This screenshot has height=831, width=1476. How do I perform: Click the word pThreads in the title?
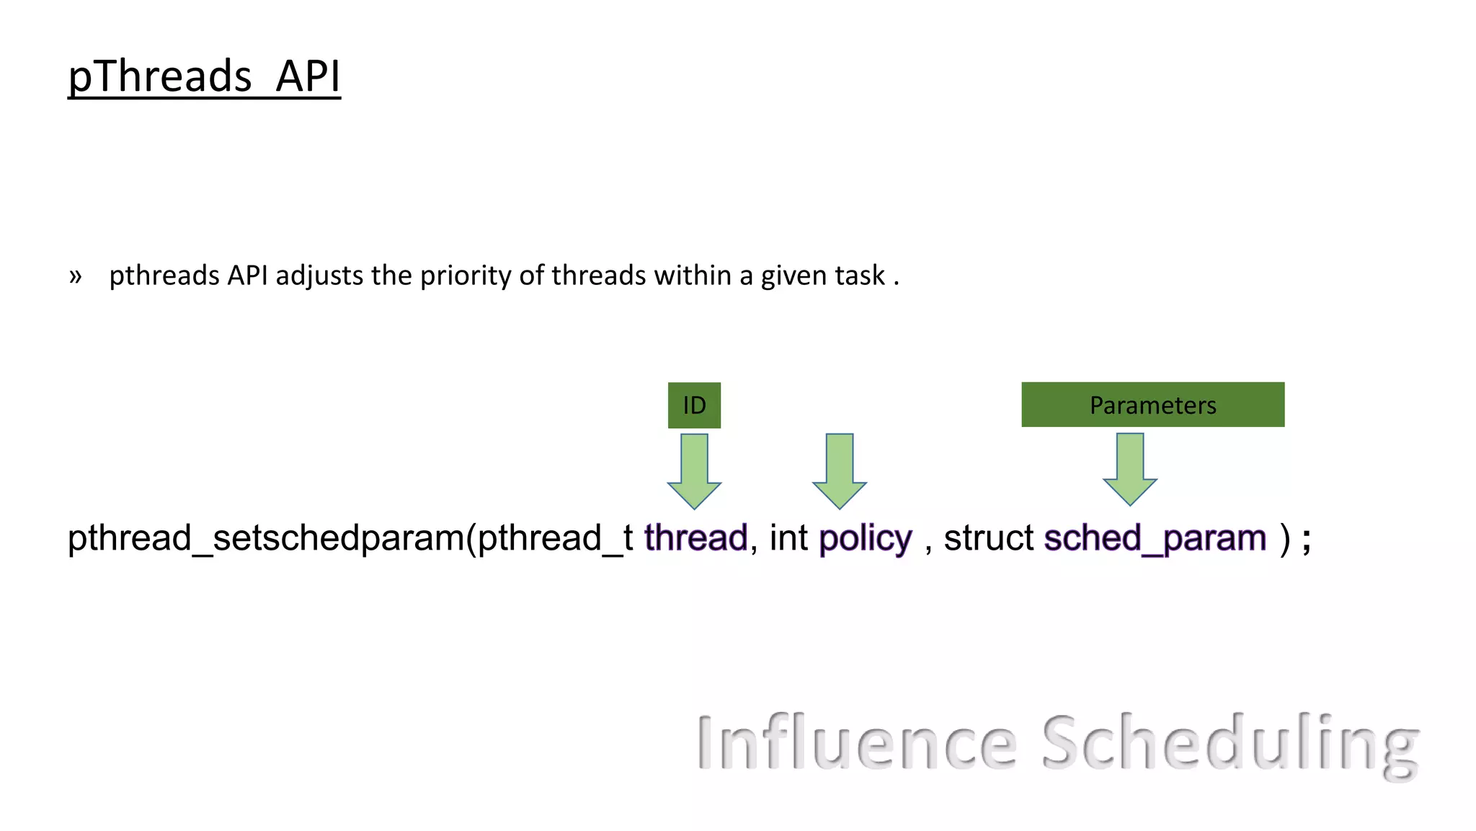point(159,76)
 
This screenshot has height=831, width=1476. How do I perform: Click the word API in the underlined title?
point(308,76)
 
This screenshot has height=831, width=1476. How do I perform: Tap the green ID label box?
point(694,405)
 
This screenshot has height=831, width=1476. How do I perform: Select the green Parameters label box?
point(1152,405)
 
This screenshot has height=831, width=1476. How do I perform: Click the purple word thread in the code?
point(695,538)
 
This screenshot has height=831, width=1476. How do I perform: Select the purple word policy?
point(865,538)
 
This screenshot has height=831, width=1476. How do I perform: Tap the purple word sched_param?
point(1155,538)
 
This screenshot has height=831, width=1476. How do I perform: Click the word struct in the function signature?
point(989,538)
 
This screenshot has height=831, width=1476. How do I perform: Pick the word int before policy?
point(788,538)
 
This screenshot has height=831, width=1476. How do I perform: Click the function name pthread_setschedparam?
point(267,538)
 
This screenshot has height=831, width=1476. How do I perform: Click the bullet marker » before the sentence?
point(76,276)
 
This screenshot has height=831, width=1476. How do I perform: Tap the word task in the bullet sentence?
point(860,276)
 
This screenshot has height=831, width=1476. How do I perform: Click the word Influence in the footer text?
point(857,742)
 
